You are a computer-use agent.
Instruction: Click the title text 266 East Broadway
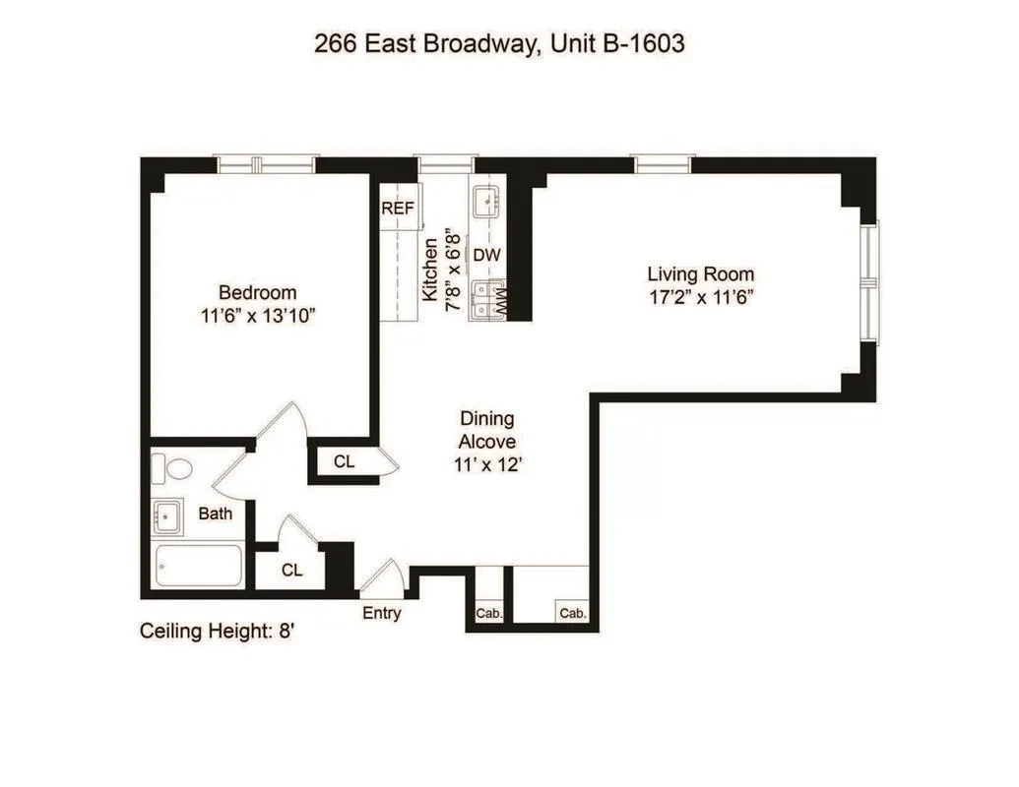(x=423, y=43)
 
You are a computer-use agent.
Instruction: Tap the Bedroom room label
(x=257, y=292)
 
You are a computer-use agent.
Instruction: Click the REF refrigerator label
(x=399, y=209)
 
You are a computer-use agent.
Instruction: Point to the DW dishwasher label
(x=487, y=255)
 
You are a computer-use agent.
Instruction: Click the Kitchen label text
(x=430, y=269)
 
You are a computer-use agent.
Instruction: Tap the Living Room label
(x=700, y=273)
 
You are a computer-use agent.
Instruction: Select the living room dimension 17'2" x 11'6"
(x=700, y=296)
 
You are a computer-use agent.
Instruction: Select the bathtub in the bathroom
(x=198, y=566)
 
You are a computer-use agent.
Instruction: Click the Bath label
(x=216, y=513)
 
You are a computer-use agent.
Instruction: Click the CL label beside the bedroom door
(x=344, y=462)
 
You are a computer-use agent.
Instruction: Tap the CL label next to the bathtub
(x=291, y=571)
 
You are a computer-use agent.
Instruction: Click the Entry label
(x=381, y=613)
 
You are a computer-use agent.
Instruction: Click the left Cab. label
(x=489, y=613)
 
